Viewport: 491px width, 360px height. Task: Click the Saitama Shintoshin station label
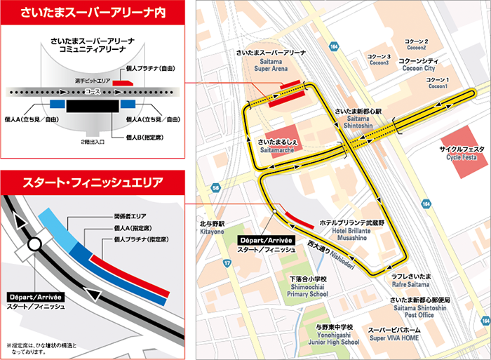(357, 116)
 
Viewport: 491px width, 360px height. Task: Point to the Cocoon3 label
(379, 59)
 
